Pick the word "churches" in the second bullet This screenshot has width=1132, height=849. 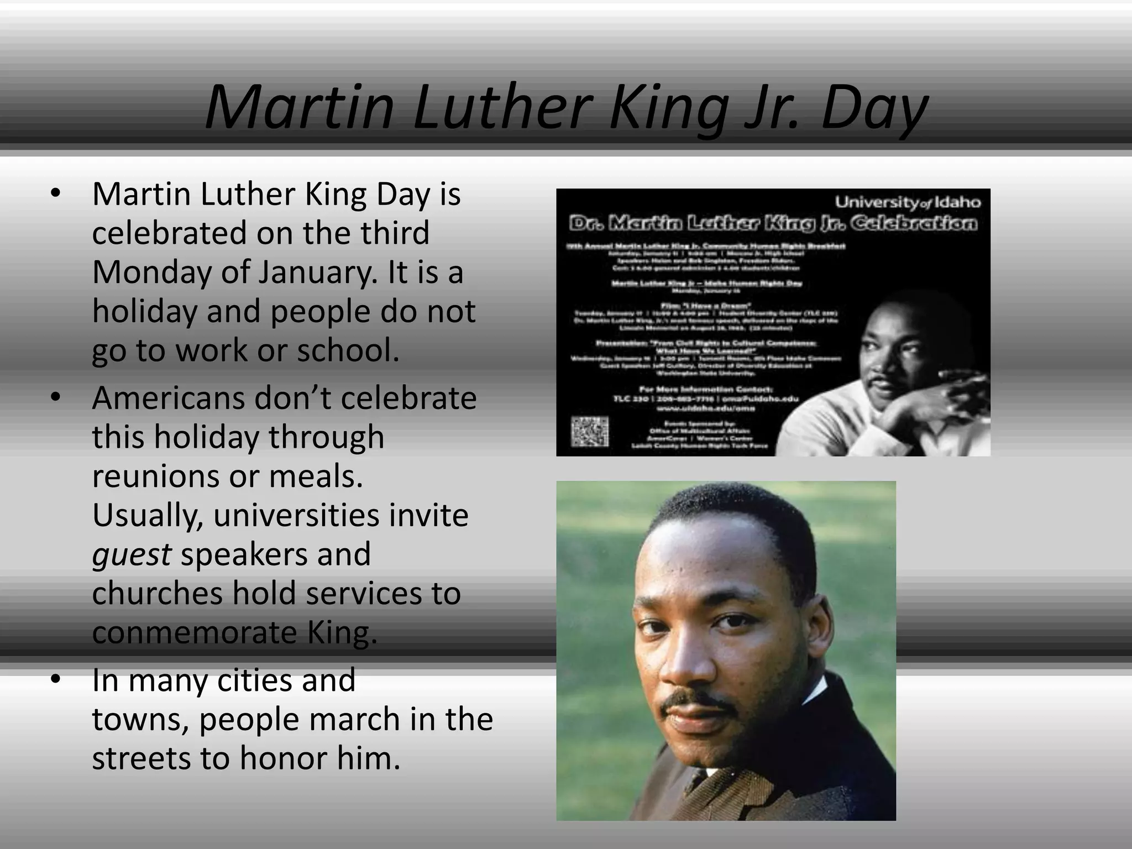click(x=156, y=594)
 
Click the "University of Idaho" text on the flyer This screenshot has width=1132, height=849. click(x=908, y=202)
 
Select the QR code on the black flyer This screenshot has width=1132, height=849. click(x=589, y=432)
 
